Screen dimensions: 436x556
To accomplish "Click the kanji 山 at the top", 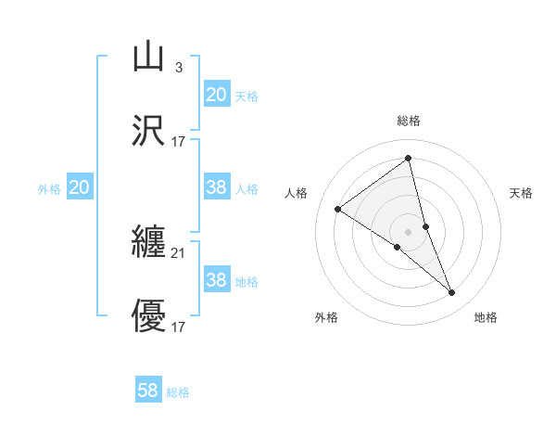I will [x=149, y=57].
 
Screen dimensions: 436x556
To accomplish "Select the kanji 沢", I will [x=149, y=131].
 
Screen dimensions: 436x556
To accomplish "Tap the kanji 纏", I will [x=149, y=243].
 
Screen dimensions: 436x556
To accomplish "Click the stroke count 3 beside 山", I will [x=178, y=67].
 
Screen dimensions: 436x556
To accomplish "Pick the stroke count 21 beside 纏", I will [x=178, y=253].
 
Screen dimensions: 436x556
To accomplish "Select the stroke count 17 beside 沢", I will [x=178, y=141].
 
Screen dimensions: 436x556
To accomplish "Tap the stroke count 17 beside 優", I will [x=178, y=327].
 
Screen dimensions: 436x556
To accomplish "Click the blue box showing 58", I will [x=148, y=391].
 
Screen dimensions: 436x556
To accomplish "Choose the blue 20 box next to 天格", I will [x=216, y=95].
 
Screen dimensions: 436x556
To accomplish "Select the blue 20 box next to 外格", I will [x=80, y=187].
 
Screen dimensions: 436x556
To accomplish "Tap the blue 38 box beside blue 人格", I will [x=216, y=187].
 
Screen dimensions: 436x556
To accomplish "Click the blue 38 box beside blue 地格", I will [x=216, y=280].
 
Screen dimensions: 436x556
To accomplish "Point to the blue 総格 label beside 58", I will [x=178, y=391].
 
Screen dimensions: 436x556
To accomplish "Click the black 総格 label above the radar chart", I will [x=408, y=121].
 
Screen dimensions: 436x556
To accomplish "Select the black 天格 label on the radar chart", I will [x=521, y=193].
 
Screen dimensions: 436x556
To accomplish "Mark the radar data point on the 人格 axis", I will [x=337, y=209].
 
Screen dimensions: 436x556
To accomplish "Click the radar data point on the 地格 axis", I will [x=452, y=293].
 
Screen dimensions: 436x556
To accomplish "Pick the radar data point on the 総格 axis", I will [x=408, y=159].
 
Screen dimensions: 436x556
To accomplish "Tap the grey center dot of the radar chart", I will [x=408, y=231].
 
